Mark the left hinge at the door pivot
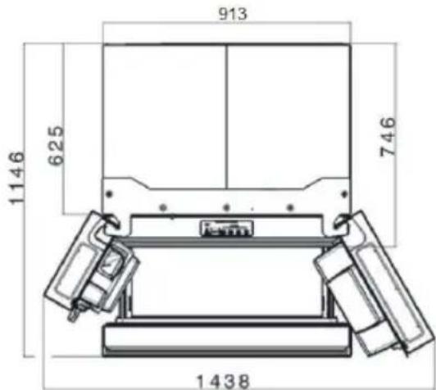(x=109, y=219)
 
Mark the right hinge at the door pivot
(x=342, y=220)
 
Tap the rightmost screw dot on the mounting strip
(x=286, y=205)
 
